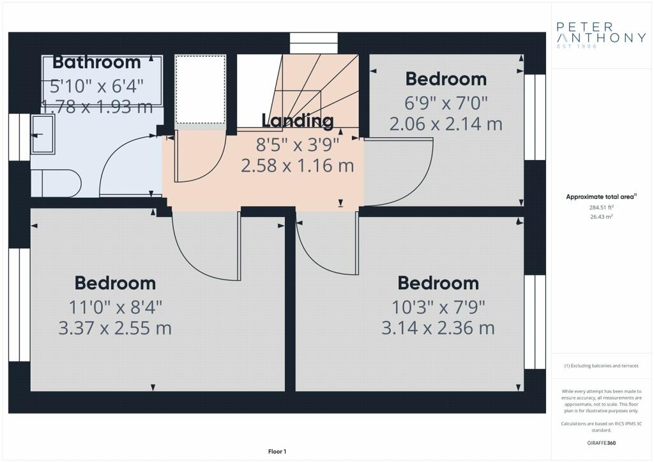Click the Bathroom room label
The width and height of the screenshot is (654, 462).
tap(97, 62)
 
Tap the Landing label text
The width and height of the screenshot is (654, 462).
tap(298, 121)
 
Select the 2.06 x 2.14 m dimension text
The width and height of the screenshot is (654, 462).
tap(446, 124)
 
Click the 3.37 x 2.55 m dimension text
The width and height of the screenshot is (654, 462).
tap(115, 328)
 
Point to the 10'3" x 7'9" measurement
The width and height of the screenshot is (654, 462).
tap(438, 308)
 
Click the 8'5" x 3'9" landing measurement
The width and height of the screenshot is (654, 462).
tap(298, 145)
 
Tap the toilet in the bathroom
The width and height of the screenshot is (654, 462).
tap(57, 183)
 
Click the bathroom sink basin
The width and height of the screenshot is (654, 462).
tap(43, 135)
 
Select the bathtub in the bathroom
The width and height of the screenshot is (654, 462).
tap(102, 80)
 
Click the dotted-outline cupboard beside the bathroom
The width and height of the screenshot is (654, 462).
tap(201, 89)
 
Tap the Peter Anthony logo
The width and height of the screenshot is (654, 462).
tap(601, 35)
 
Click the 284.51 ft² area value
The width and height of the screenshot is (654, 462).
tap(601, 207)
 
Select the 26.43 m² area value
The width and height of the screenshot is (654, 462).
tap(601, 216)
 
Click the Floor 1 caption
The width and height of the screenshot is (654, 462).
tap(277, 452)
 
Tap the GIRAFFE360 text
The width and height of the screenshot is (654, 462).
tap(601, 443)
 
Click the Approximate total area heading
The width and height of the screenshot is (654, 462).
tap(601, 197)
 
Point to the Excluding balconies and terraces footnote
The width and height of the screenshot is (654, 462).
tap(601, 366)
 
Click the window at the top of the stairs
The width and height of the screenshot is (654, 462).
tap(314, 43)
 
